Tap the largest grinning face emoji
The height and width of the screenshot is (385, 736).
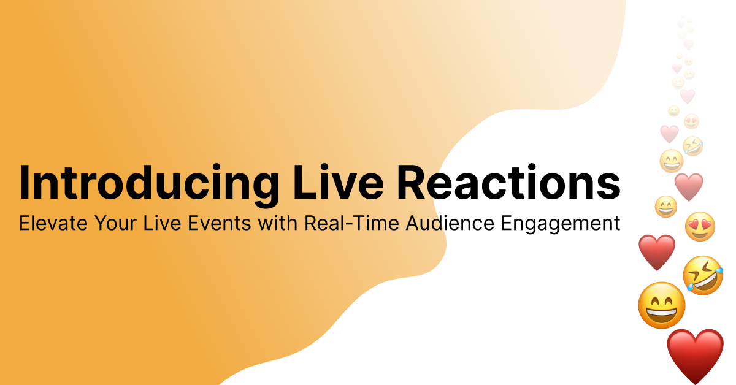coord(661,305)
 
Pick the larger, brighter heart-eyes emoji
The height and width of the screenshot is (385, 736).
coord(700,226)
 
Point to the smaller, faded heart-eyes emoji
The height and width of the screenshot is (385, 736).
coord(691,121)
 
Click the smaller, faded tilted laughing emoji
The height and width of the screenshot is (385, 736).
coord(692,146)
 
